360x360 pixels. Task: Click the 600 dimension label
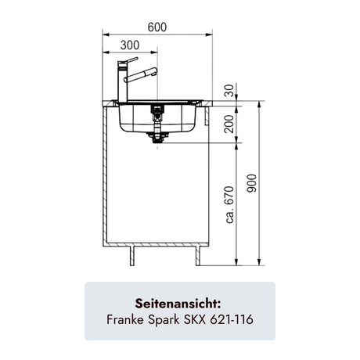157,27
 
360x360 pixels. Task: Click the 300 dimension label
130,45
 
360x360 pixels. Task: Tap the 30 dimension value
229,91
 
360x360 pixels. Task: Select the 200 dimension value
229,124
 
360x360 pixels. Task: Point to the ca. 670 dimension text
230,204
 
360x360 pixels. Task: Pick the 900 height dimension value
252,183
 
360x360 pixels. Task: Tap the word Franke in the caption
125,319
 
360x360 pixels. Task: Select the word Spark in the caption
164,320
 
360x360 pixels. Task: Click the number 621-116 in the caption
232,319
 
